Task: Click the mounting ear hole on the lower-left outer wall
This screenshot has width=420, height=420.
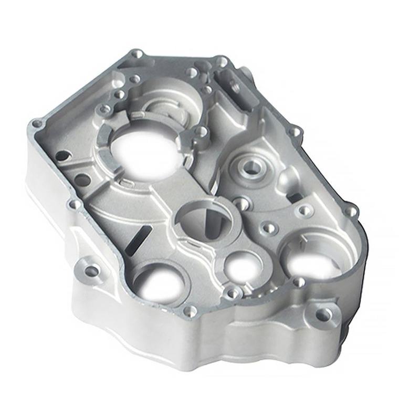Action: click(x=92, y=271)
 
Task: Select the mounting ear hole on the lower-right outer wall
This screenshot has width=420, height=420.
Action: click(x=324, y=314)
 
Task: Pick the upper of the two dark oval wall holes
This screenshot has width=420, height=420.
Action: click(x=62, y=156)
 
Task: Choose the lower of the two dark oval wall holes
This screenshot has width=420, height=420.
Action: click(x=82, y=181)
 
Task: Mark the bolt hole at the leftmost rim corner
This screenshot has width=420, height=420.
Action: click(x=37, y=124)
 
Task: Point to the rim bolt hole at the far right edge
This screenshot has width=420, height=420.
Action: click(x=351, y=211)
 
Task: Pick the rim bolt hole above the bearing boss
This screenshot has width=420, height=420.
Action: click(x=295, y=131)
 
